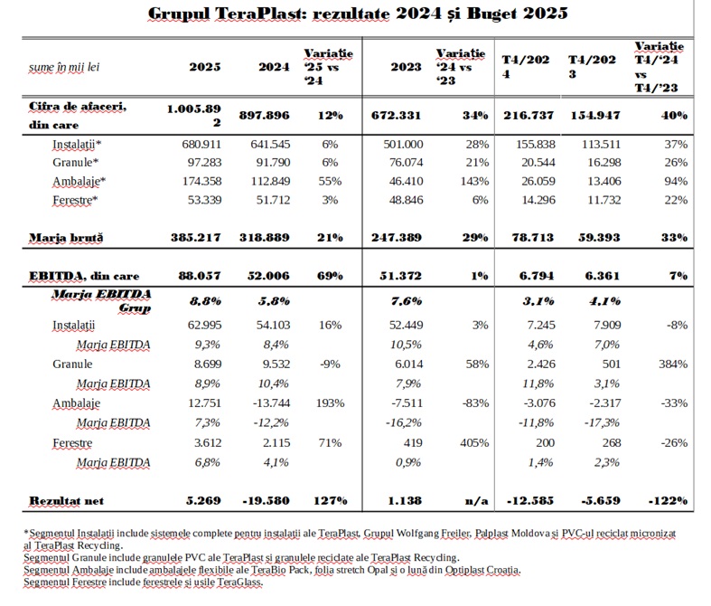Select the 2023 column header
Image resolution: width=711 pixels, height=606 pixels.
click(406, 67)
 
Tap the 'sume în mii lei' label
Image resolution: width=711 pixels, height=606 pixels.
click(64, 67)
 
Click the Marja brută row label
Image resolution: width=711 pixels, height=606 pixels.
click(66, 237)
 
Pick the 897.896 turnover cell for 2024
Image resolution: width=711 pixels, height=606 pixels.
click(265, 115)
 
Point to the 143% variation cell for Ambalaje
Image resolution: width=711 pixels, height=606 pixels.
click(474, 181)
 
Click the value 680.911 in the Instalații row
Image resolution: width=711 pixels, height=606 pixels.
click(201, 145)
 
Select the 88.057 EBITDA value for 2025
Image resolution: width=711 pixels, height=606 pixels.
click(200, 276)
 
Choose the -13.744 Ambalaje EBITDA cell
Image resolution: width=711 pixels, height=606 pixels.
click(272, 403)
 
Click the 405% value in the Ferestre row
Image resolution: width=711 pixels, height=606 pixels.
click(474, 442)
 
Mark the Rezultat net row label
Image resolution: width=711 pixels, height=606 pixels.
click(67, 501)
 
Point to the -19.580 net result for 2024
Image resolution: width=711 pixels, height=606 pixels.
click(266, 501)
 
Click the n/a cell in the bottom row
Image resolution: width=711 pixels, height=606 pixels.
click(477, 501)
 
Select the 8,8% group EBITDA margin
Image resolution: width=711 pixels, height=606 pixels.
click(205, 301)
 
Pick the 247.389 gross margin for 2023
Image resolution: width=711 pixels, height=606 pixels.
click(397, 237)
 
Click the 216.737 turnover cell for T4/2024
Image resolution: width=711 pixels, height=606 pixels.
click(529, 115)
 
